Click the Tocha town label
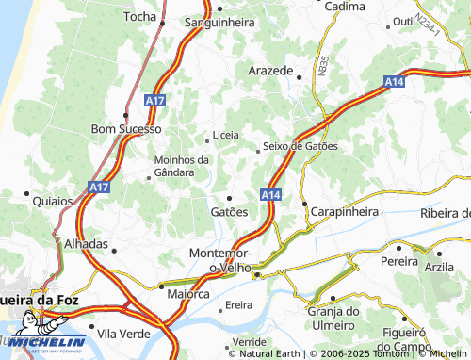click(140, 17)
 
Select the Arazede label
click(272, 72)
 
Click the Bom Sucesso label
click(125, 128)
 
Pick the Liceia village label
click(226, 135)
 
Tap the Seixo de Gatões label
click(300, 146)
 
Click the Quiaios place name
click(52, 201)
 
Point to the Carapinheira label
click(344, 212)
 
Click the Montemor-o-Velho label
click(219, 261)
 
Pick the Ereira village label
click(239, 306)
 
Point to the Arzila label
click(439, 267)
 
